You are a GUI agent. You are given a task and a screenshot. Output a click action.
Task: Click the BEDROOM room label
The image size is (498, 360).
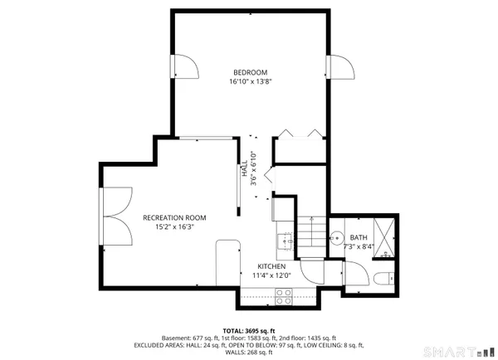point(249,72)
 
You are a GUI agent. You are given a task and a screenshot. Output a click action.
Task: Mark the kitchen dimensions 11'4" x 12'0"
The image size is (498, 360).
point(271,275)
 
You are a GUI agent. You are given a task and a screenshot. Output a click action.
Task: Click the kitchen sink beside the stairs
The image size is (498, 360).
point(284,241)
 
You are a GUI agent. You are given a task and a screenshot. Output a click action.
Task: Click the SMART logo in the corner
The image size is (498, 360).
point(453,353)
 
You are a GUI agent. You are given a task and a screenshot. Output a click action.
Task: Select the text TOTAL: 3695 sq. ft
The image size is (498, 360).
point(249,330)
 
